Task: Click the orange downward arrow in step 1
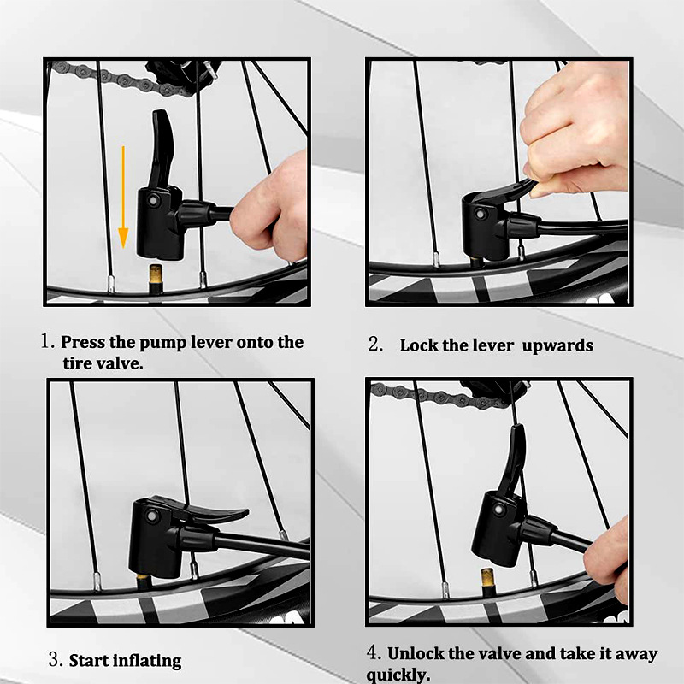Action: coord(123,198)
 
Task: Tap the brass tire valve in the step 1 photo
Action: coord(156,279)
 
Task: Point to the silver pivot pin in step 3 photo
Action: coord(152,516)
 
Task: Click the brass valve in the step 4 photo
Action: coord(488,582)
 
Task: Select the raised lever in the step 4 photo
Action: coord(515,463)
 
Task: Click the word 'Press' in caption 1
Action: coord(83,343)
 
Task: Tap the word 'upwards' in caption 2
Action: coord(557,346)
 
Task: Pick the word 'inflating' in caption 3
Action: coord(149,661)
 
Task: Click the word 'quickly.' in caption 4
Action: coord(398,675)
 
